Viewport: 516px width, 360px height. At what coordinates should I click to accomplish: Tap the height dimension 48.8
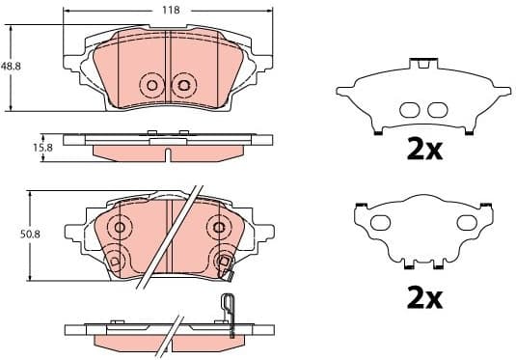click(11, 66)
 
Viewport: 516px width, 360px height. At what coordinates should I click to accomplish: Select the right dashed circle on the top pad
click(182, 85)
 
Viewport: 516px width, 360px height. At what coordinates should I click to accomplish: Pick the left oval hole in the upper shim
click(409, 108)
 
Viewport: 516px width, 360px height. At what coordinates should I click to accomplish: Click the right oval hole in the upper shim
click(440, 108)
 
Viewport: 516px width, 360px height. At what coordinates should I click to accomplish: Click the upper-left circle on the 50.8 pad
click(120, 229)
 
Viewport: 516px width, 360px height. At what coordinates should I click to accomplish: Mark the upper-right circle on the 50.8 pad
click(219, 229)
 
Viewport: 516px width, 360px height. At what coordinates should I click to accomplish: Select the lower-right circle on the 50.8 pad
click(225, 260)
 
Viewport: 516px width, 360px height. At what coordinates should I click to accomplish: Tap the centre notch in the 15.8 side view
click(167, 152)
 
